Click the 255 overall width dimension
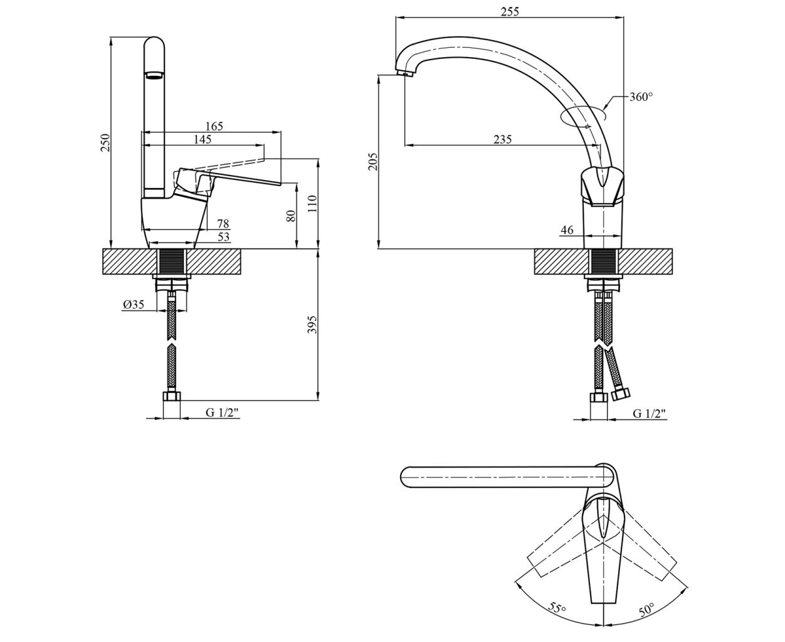pos(510,11)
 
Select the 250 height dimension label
pos(105,143)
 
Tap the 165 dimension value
pos(214,126)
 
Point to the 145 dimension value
pos(203,139)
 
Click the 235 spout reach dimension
pos(502,139)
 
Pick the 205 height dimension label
pos(372,162)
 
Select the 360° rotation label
pos(641,97)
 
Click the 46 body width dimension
pos(567,230)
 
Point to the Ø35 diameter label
pos(134,305)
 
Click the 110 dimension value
pos(312,204)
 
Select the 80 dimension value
pos(292,216)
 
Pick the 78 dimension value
pos(223,224)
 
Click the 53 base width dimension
pos(223,237)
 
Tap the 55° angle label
pos(557,608)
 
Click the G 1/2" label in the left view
pos(222,413)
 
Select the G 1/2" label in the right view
pos(649,414)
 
